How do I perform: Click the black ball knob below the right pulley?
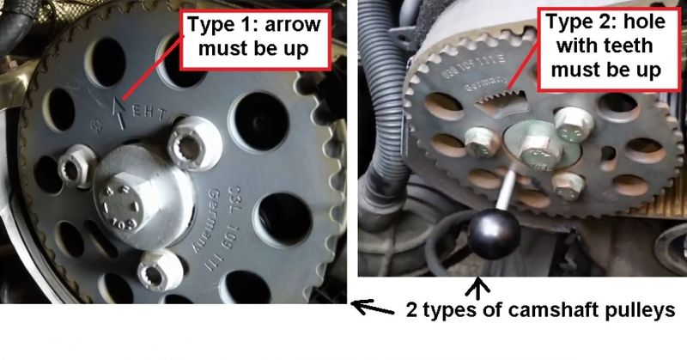pos(492,231)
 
